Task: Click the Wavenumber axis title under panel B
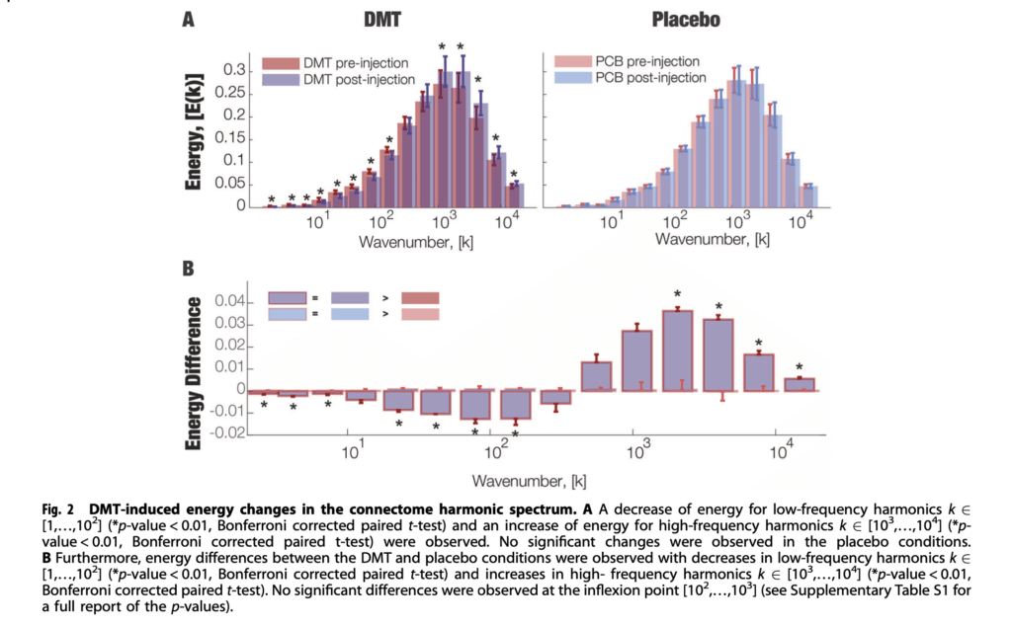(x=529, y=482)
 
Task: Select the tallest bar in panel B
(x=677, y=351)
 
